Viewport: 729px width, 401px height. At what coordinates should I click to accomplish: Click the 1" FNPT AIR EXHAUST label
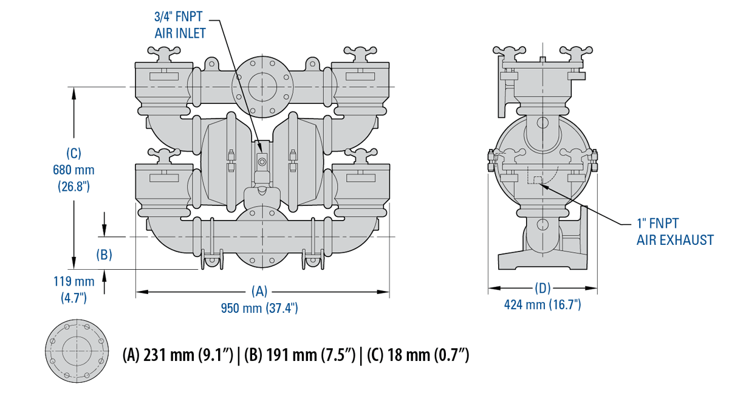[x=674, y=232]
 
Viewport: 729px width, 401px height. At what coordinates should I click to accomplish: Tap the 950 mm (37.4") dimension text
[x=259, y=308]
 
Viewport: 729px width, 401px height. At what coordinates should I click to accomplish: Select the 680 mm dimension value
[x=74, y=170]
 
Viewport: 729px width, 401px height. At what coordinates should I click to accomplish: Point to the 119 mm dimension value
[x=74, y=282]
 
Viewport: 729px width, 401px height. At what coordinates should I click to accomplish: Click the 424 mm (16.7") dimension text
[x=542, y=304]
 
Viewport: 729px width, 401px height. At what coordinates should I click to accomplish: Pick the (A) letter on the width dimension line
[x=259, y=291]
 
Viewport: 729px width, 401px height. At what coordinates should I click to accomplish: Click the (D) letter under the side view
[x=542, y=287]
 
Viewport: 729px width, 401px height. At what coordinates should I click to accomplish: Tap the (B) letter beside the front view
[x=104, y=255]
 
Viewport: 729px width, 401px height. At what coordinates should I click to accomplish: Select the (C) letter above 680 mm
[x=74, y=154]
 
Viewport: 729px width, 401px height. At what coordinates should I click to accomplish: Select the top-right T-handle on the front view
[x=360, y=53]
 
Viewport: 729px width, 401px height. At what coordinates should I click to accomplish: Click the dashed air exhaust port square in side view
[x=535, y=179]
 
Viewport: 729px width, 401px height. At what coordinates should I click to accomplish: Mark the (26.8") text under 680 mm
[x=74, y=185]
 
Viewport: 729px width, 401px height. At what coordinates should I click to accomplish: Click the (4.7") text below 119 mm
[x=74, y=298]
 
